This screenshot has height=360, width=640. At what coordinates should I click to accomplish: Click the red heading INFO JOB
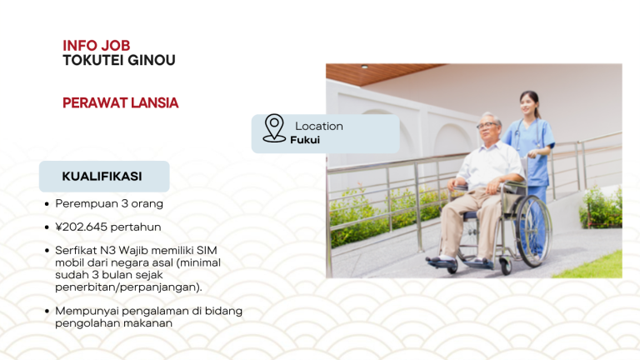(x=96, y=45)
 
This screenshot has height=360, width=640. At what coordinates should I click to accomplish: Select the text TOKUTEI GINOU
(x=118, y=60)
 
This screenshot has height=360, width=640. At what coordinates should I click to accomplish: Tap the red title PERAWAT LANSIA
(x=120, y=102)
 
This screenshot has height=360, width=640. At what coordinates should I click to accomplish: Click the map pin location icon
(x=274, y=128)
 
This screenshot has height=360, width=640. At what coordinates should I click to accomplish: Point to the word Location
(x=318, y=126)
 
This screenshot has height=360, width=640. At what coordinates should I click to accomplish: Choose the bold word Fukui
(x=305, y=140)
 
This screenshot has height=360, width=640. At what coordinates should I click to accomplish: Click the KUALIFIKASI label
(x=102, y=177)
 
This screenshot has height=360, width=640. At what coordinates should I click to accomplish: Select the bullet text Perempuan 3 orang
(x=108, y=203)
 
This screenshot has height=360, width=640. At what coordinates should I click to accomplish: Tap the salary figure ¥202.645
(x=83, y=227)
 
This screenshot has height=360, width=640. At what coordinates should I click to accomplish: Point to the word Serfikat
(x=78, y=250)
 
